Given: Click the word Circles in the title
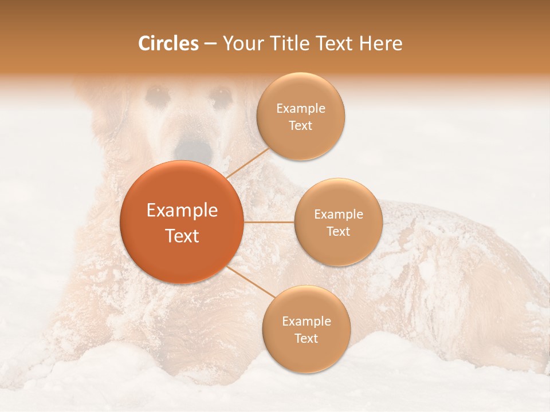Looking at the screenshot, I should click(168, 43).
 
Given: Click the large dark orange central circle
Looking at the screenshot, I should click(182, 222).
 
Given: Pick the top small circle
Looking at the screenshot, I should click(301, 116).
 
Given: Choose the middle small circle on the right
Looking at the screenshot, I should click(338, 222).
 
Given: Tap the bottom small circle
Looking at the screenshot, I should click(306, 329).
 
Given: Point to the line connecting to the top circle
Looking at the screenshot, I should click(248, 163).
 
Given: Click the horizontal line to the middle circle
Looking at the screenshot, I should click(269, 222).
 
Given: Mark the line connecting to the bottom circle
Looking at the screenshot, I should click(250, 282).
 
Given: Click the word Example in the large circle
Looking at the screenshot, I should click(182, 211).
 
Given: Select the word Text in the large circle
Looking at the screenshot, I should click(182, 236).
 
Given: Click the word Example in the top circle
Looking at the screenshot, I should click(301, 108).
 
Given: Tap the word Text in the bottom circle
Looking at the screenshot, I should click(306, 338).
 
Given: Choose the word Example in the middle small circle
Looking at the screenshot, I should click(339, 214).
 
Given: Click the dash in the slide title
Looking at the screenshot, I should click(210, 44).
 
